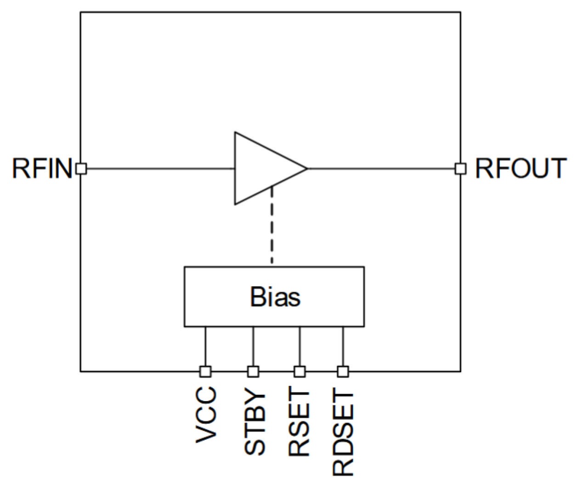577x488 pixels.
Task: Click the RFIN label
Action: point(42,168)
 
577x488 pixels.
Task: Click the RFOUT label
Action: point(520,168)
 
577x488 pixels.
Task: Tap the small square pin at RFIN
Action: point(81,169)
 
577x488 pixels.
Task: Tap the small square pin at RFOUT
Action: point(460,169)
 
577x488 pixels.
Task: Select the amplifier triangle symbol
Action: point(262,168)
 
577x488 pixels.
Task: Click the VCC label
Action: point(205,415)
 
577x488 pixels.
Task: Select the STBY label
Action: point(254,423)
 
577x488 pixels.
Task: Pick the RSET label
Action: point(299,423)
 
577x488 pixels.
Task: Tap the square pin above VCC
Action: point(205,371)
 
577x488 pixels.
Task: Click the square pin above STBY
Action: point(253,371)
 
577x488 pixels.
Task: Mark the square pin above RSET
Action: point(300,371)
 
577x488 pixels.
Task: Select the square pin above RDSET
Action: point(343,371)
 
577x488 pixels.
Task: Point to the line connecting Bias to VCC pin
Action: point(205,347)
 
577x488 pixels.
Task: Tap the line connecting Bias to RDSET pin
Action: point(343,347)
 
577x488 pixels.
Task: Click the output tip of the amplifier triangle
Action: point(306,169)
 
